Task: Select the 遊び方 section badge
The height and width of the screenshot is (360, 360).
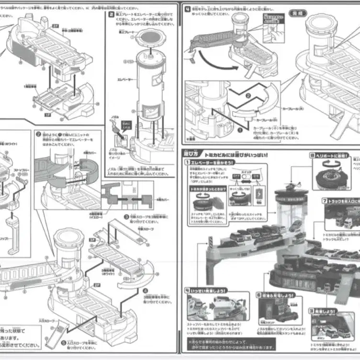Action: click(194, 154)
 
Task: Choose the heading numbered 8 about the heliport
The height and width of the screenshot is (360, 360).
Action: click(330, 155)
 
